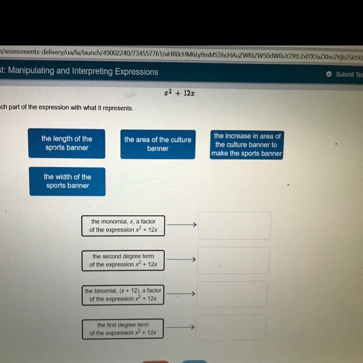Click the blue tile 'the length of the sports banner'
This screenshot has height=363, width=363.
67,143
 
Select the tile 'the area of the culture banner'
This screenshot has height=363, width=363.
158,144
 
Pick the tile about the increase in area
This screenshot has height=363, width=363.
247,145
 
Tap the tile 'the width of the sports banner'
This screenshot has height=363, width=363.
67,181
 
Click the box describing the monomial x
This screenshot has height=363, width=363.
123,226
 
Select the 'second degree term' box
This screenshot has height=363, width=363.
123,260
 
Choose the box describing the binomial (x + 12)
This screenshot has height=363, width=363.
123,295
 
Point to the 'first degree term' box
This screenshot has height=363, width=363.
123,329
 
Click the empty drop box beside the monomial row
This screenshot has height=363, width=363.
234,226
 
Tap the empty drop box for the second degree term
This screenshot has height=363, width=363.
233,260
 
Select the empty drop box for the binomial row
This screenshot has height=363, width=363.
232,294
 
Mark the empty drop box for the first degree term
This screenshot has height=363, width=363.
231,327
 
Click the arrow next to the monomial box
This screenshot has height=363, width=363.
181,224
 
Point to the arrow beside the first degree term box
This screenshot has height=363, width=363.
180,327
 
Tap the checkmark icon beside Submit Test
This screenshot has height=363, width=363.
329,74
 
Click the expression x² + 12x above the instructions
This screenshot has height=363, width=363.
180,93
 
